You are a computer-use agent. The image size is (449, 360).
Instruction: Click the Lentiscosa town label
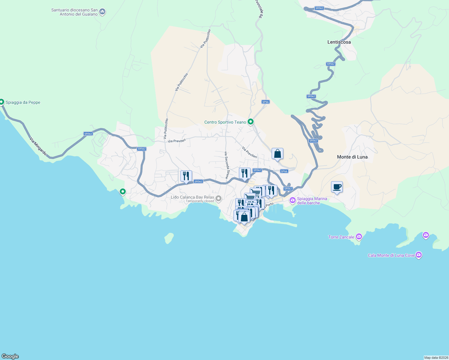tap(339, 42)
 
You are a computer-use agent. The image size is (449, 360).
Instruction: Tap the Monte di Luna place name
tap(352, 157)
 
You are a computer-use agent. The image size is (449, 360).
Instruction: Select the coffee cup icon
tap(337, 187)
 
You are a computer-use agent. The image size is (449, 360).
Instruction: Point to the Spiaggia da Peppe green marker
tap(2, 102)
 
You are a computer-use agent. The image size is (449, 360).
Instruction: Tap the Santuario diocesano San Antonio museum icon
tap(102, 12)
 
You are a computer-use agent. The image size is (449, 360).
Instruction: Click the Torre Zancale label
tap(341, 237)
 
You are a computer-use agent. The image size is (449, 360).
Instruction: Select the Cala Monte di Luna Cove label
tap(391, 255)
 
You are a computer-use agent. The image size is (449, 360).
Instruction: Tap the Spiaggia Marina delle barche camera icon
tap(292, 200)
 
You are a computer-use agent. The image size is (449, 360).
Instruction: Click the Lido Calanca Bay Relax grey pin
tap(218, 198)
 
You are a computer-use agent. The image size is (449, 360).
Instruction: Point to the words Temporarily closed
tap(200, 201)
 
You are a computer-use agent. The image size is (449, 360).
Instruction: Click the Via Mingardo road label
tap(38, 146)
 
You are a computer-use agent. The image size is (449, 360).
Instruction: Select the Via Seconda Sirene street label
tap(226, 165)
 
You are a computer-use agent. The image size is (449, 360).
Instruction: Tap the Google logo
tap(10, 356)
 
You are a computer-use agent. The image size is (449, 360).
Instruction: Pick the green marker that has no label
tap(122, 191)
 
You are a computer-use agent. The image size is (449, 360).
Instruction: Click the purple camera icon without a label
tap(426, 235)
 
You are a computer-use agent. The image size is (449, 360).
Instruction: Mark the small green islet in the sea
tap(169, 238)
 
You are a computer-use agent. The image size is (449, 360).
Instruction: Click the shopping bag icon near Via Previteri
tap(277, 154)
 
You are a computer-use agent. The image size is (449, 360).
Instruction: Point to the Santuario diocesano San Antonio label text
tap(74, 12)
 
